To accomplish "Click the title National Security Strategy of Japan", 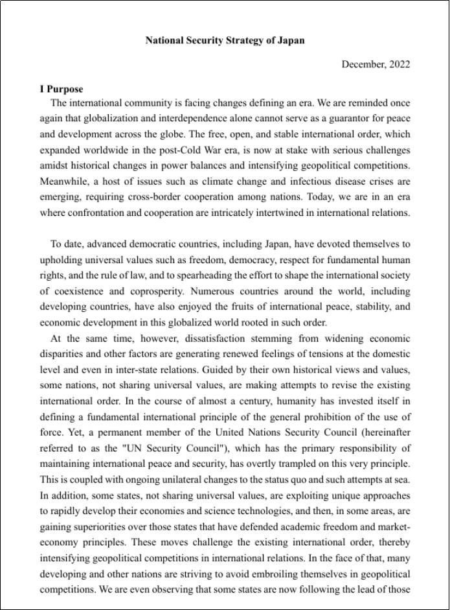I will coord(225,40).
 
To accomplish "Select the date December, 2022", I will coord(376,64).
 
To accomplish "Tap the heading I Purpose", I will coord(62,89).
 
